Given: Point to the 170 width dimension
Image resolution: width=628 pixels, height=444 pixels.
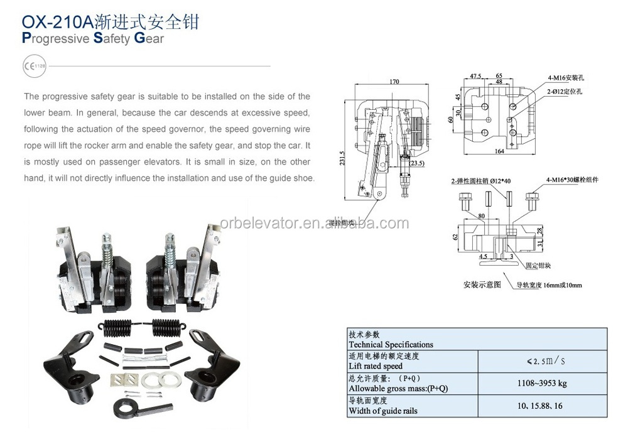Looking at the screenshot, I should pos(394,81).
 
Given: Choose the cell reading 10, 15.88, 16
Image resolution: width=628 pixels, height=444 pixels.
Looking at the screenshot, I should pos(541,406).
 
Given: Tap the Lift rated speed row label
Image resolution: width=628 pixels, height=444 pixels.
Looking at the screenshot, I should pos(376,366).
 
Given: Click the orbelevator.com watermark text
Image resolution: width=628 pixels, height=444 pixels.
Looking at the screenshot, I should pos(314,224).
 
